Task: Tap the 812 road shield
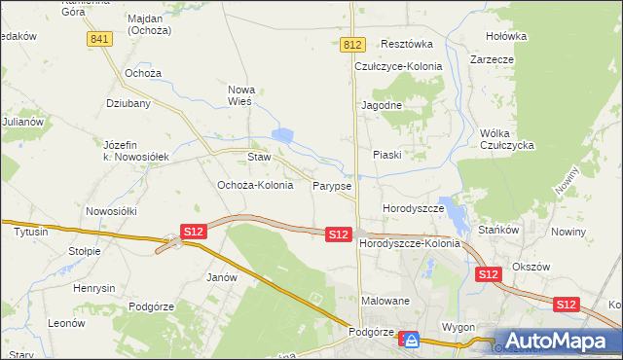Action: click(353, 46)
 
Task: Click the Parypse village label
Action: click(332, 185)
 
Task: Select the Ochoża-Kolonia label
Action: click(254, 185)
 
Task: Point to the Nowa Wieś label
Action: click(239, 94)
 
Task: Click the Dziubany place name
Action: click(127, 102)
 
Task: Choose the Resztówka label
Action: click(406, 44)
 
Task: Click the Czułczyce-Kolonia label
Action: click(398, 66)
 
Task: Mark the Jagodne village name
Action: click(382, 104)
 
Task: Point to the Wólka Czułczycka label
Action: click(508, 139)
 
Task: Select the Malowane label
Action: click(386, 301)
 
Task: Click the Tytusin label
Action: click(31, 233)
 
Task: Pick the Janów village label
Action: click(222, 277)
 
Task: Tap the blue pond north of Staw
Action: click(282, 136)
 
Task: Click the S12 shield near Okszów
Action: click(489, 275)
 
